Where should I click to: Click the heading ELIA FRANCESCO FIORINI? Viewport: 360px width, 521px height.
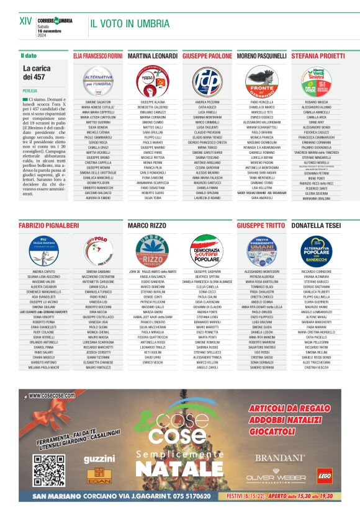98,56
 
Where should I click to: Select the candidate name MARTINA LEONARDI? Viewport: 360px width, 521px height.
152,56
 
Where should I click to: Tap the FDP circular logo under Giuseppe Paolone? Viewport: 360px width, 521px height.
206,79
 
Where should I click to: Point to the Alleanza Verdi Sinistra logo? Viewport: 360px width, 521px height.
315,81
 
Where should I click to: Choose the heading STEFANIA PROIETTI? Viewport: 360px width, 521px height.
318,56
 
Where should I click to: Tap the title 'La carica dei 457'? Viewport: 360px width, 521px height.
38,73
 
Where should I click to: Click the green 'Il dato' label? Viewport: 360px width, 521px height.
29,56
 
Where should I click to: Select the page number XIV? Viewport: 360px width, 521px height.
25,21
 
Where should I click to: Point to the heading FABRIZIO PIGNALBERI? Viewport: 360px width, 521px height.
49,225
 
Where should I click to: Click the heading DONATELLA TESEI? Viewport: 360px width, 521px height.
316,225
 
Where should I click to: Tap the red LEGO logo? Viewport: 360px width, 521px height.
324,475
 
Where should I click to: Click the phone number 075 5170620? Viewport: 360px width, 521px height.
188,496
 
